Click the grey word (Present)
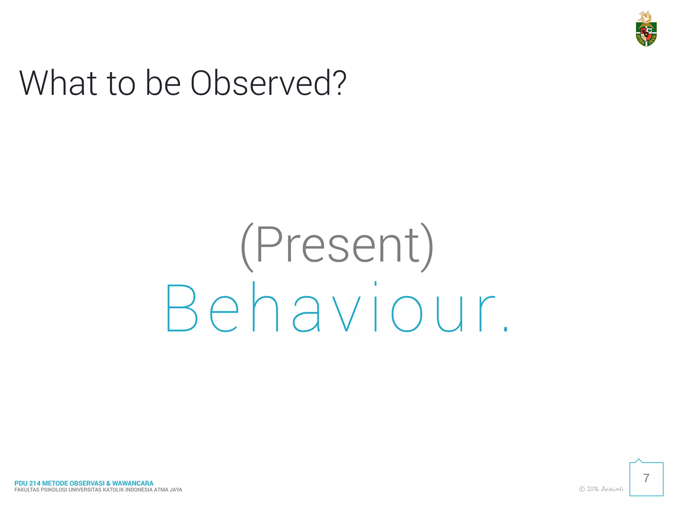tap(337, 245)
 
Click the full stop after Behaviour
tap(505, 328)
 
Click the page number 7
tap(646, 478)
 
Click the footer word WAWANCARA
tap(133, 483)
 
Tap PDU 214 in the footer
tap(27, 483)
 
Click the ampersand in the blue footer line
tap(108, 483)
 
